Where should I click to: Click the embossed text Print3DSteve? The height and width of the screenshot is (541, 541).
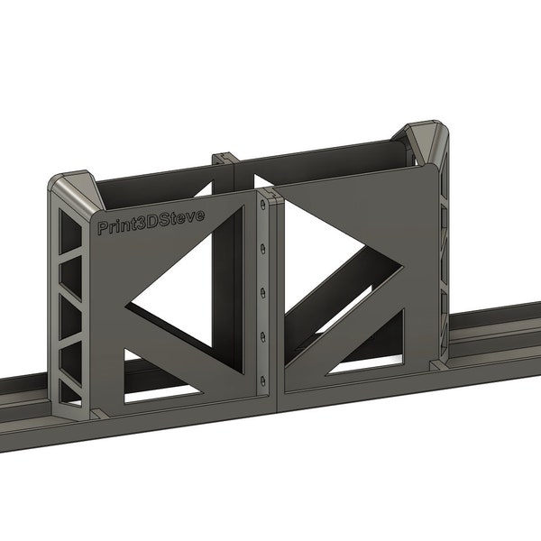151,222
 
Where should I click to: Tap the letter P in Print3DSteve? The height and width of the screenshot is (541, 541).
102,229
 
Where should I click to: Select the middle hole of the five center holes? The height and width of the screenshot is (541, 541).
262,292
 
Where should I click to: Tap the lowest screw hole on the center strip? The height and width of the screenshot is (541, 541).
262,378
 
